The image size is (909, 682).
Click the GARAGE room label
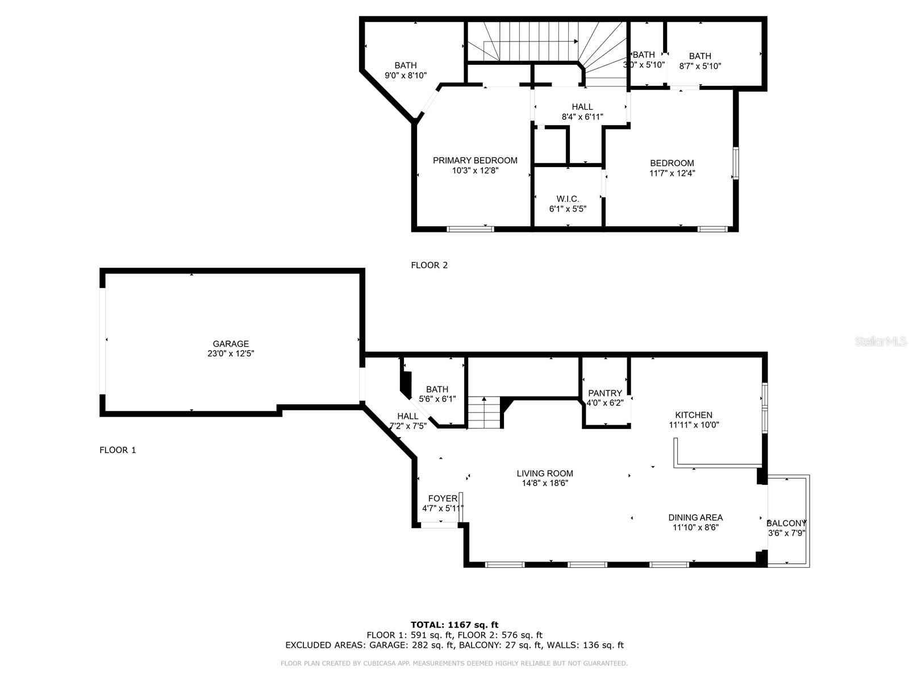pyautogui.click(x=231, y=344)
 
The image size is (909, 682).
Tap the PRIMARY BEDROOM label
pyautogui.click(x=475, y=160)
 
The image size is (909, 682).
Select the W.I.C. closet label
pyautogui.click(x=568, y=199)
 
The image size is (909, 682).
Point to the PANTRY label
pyautogui.click(x=605, y=393)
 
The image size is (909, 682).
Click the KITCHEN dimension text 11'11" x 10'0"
pyautogui.click(x=694, y=425)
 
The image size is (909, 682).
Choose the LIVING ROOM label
pyautogui.click(x=545, y=473)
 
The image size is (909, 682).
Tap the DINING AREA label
pyautogui.click(x=696, y=518)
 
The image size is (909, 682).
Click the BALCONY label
pyautogui.click(x=786, y=523)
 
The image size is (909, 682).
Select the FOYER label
pyautogui.click(x=443, y=498)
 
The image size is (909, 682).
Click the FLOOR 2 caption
pyautogui.click(x=430, y=265)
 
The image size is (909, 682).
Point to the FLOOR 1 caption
pyautogui.click(x=118, y=450)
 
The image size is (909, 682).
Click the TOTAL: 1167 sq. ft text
pyautogui.click(x=454, y=625)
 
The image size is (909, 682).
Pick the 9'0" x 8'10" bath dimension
pyautogui.click(x=406, y=76)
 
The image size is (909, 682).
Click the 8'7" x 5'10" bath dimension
pyautogui.click(x=700, y=66)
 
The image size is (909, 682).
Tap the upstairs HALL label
pyautogui.click(x=582, y=107)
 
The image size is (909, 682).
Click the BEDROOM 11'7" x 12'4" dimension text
pyautogui.click(x=672, y=173)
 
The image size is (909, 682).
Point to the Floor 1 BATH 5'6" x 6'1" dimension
pyautogui.click(x=437, y=399)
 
